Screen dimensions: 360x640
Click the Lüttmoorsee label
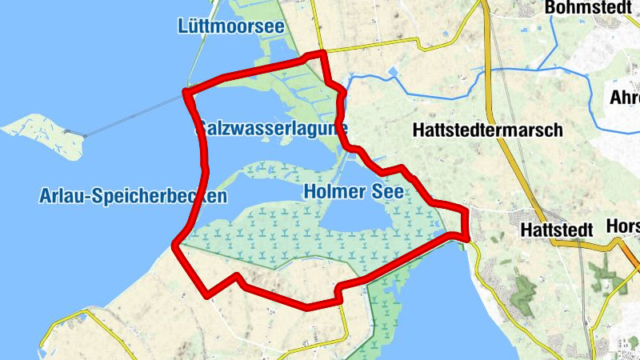230,26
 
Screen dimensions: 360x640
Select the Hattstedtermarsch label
489,130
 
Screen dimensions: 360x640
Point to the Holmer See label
354,193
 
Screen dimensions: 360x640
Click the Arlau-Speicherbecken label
132,196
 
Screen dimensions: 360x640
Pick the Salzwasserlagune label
271,128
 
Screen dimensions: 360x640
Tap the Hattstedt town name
556,230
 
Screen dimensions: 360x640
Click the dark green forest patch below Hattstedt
524,291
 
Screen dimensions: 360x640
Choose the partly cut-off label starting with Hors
623,227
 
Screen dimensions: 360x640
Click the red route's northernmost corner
322,54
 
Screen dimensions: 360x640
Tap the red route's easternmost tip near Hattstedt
466,234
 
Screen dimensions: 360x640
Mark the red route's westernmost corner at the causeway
186,93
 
